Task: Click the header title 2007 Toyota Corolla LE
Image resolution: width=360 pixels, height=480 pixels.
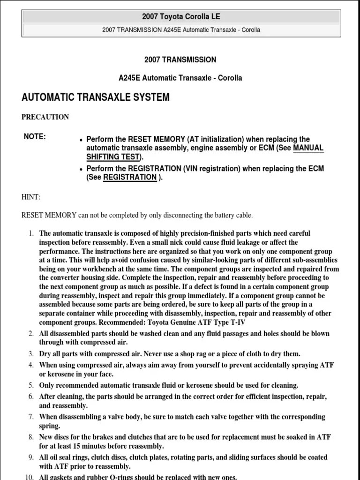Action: click(x=180, y=17)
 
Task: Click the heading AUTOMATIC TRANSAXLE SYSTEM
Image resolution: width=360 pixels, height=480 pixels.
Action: click(x=96, y=97)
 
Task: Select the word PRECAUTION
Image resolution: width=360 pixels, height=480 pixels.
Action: click(x=45, y=117)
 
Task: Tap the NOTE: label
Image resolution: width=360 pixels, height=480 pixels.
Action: click(x=35, y=137)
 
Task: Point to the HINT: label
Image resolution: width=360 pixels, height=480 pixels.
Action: click(x=31, y=198)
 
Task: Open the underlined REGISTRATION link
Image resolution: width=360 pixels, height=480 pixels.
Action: click(x=130, y=177)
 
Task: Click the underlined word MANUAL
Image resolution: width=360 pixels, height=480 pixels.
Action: click(x=308, y=148)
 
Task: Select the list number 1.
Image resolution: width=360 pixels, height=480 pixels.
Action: click(x=31, y=233)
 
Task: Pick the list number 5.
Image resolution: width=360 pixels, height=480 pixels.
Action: click(x=31, y=385)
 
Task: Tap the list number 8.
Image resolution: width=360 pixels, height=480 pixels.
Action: click(x=31, y=437)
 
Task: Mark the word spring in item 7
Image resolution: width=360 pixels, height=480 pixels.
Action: click(x=49, y=426)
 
